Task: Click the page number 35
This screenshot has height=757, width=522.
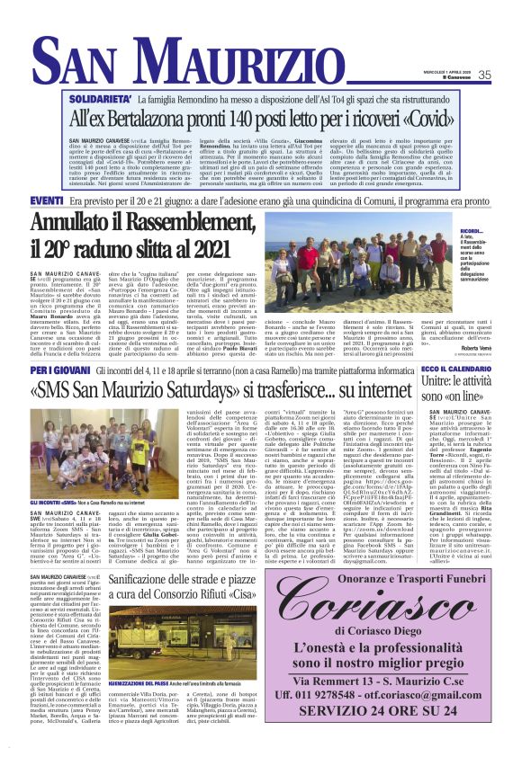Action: [x=484, y=75]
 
